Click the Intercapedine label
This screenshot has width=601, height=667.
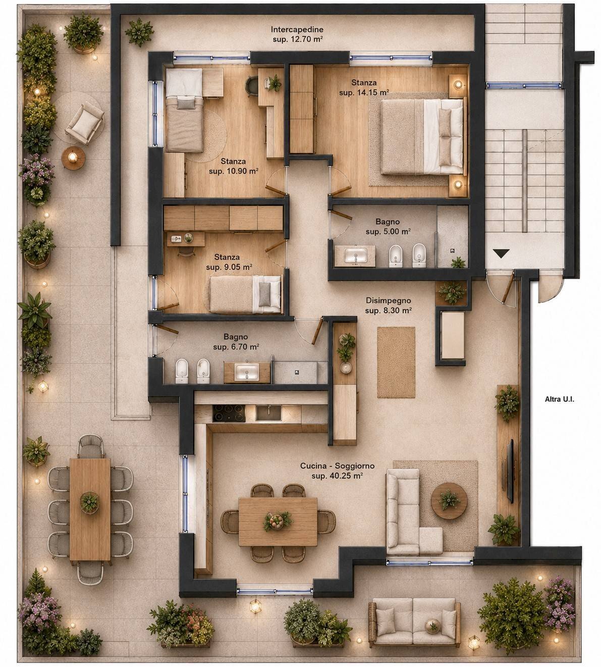(x=297, y=30)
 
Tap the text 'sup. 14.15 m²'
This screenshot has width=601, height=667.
(x=364, y=92)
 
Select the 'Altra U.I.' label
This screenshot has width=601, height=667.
(x=560, y=399)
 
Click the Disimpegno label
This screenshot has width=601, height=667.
(x=388, y=300)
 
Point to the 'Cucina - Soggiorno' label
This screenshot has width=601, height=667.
(x=337, y=466)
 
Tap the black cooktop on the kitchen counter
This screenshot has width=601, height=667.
(x=229, y=414)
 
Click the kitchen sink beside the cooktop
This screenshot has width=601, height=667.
(x=268, y=413)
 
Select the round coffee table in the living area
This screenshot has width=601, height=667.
(x=449, y=501)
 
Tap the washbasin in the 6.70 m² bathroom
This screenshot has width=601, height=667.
(x=247, y=372)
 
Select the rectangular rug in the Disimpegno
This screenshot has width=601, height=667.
(x=396, y=362)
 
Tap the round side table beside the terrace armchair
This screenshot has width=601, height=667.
(x=72, y=159)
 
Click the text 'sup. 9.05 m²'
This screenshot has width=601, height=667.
(x=229, y=267)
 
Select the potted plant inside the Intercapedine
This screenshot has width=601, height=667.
(x=139, y=32)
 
